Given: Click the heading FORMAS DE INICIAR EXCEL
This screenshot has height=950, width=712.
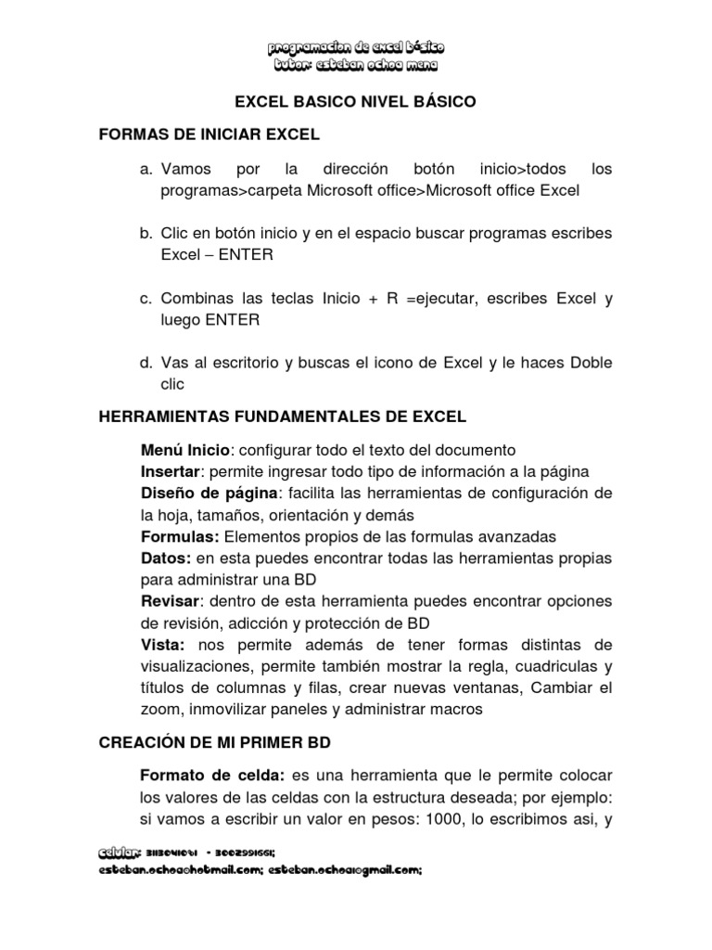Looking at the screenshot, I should tap(209, 135).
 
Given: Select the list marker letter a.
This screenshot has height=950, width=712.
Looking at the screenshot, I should tap(146, 171).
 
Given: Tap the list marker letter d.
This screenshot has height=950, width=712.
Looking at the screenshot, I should tap(146, 362).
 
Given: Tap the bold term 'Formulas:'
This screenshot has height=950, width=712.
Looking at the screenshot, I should tap(180, 536).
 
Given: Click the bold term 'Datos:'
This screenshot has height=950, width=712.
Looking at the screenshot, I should tap(166, 558).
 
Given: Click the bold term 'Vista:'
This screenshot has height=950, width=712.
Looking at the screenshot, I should tap(163, 645).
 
